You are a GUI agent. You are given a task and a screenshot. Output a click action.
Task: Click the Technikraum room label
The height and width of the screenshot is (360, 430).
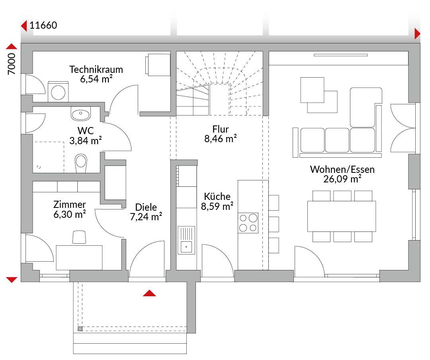pyautogui.click(x=96, y=69)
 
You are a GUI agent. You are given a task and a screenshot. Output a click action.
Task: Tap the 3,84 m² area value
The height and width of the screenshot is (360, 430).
pyautogui.click(x=86, y=141)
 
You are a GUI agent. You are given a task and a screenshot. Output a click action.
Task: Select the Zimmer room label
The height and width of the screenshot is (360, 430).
pyautogui.click(x=70, y=204)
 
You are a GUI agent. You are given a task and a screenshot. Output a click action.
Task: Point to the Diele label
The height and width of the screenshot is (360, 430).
pyautogui.click(x=146, y=207)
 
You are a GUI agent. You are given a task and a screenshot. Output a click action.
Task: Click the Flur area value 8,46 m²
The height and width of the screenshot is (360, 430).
pyautogui.click(x=221, y=139)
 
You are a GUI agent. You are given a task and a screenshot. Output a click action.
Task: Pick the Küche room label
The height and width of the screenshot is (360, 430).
pyautogui.click(x=217, y=196)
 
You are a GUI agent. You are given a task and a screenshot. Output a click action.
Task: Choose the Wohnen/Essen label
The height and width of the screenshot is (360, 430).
pyautogui.click(x=342, y=169)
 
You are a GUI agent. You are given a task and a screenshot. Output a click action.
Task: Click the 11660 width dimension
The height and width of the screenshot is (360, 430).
pyautogui.click(x=43, y=25)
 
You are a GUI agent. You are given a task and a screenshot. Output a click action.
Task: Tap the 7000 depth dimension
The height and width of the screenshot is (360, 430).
pyautogui.click(x=12, y=64)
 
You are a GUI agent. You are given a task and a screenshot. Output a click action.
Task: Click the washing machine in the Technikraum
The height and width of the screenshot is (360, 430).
pyautogui.click(x=58, y=92)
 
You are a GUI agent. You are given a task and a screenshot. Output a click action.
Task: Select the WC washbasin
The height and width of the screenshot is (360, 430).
pyautogui.click(x=80, y=113)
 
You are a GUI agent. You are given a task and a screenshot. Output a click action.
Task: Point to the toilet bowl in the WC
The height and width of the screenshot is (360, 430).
pyautogui.click(x=81, y=163)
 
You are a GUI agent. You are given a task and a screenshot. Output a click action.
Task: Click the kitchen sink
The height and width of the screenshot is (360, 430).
pyautogui.click(x=186, y=240)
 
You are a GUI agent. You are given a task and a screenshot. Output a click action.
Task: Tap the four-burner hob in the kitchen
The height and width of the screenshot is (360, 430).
pyautogui.click(x=248, y=223)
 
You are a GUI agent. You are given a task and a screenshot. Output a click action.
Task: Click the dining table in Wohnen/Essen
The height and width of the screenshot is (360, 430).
pyautogui.click(x=342, y=216)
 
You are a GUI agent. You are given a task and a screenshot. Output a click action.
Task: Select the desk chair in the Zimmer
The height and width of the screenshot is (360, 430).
pyautogui.click(x=79, y=237)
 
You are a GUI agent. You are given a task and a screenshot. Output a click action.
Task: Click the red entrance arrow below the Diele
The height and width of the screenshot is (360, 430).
pyautogui.click(x=149, y=293)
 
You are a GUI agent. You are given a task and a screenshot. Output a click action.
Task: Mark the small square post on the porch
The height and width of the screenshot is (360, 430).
pyautogui.click(x=80, y=329)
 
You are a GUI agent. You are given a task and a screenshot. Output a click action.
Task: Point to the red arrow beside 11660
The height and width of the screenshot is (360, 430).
pyautogui.click(x=24, y=26)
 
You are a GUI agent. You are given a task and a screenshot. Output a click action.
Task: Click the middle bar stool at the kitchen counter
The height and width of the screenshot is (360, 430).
pyautogui.click(x=274, y=224)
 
